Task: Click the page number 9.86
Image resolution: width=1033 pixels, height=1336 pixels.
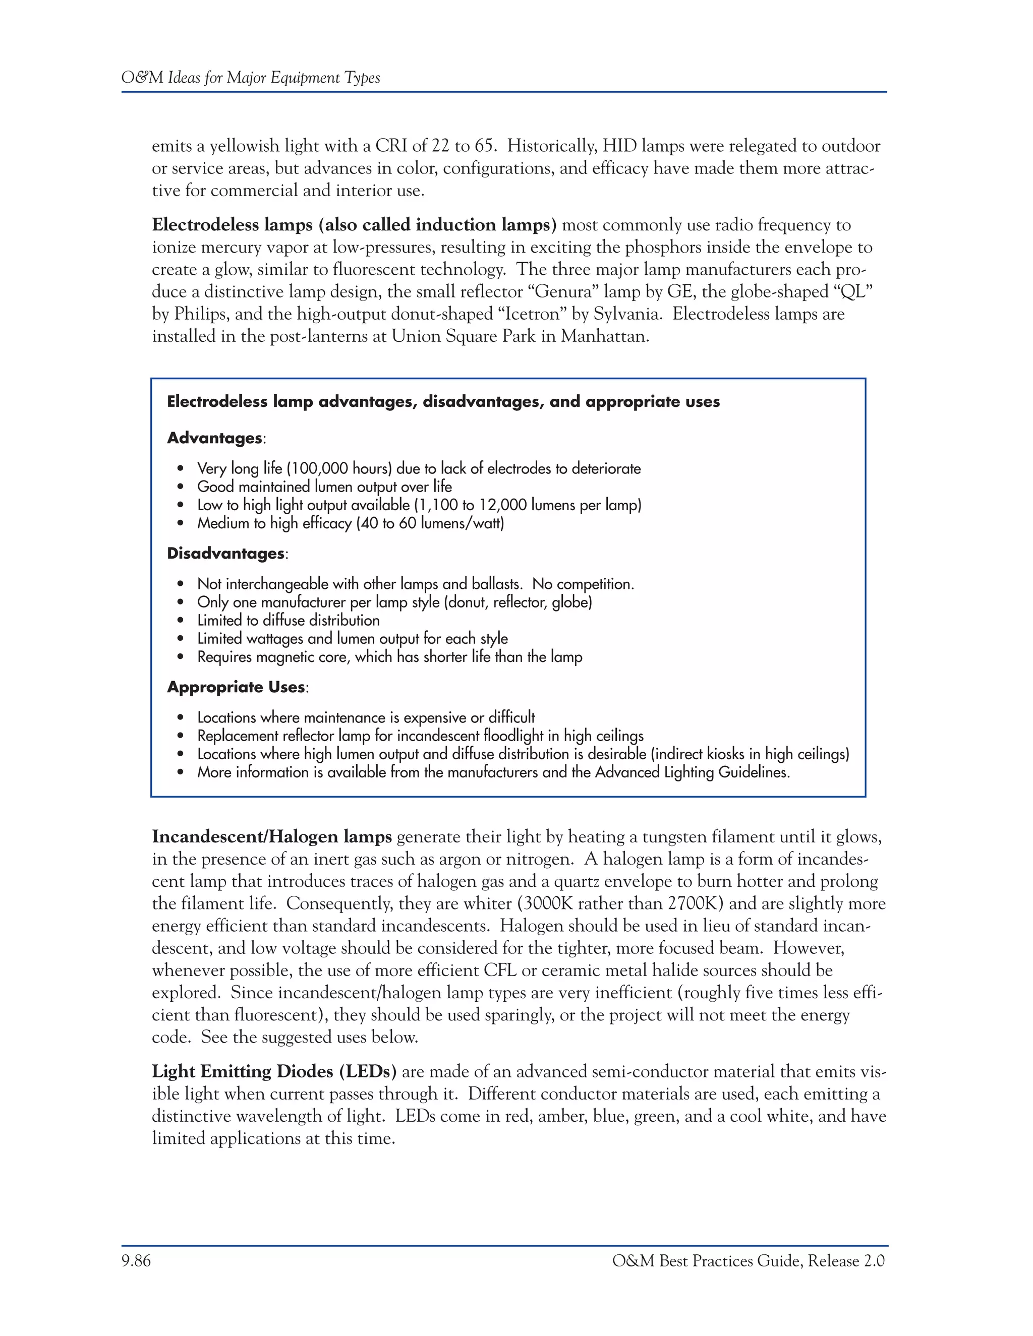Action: coord(136,1261)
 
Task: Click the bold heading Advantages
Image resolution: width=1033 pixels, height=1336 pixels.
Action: coord(214,438)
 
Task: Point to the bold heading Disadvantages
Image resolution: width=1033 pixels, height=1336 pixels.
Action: coord(225,554)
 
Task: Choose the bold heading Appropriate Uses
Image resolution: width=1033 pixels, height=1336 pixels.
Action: coord(236,687)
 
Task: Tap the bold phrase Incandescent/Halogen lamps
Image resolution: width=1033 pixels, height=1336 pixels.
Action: coord(272,837)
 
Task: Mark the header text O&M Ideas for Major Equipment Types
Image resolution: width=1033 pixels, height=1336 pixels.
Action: coord(251,78)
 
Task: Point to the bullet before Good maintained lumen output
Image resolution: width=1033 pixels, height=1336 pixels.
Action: coord(180,488)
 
